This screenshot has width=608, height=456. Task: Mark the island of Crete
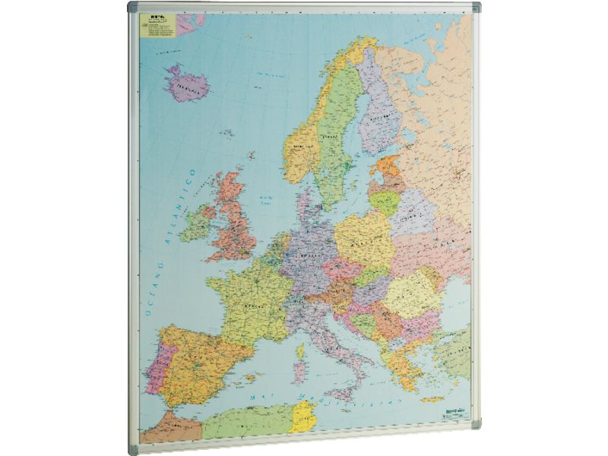434,399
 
